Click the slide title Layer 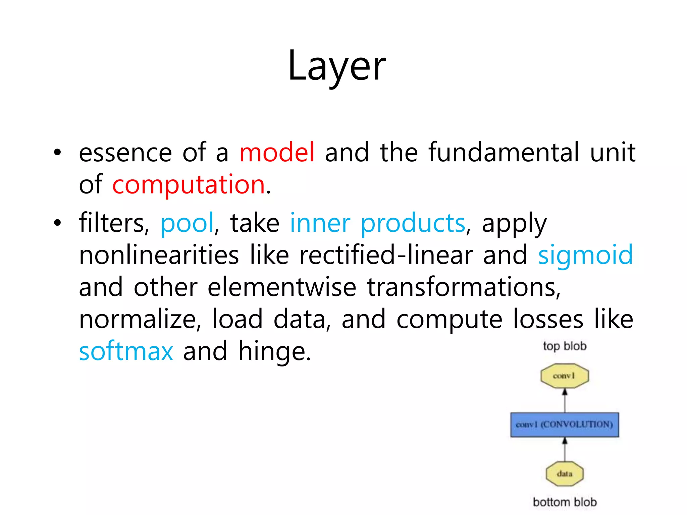337,66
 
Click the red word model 277,153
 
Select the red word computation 189,185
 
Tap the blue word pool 187,223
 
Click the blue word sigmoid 585,255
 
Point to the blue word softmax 126,351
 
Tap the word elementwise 282,287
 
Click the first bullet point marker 58,153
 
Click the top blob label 565,346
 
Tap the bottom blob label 565,502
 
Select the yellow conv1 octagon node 565,376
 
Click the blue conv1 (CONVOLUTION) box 565,424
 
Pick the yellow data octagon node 565,474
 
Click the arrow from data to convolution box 565,449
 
